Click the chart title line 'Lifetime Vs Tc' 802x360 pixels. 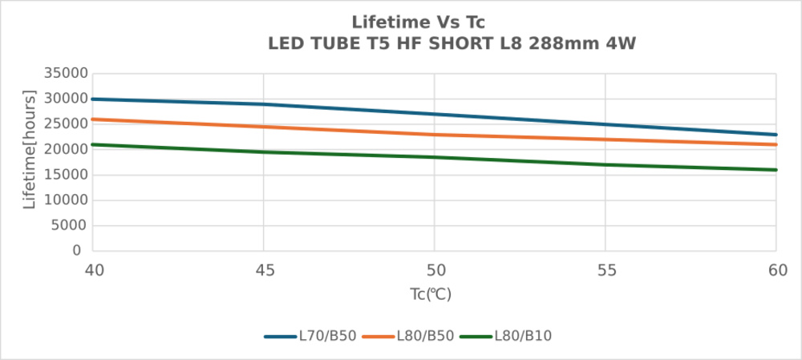[418, 22]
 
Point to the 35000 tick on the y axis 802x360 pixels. [65, 74]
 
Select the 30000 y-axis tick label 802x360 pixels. [65, 99]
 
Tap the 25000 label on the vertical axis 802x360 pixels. [65, 124]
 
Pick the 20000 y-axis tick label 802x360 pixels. [65, 149]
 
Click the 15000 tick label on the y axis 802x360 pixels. [65, 175]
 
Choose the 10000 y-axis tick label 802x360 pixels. [65, 200]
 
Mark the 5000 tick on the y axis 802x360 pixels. [68, 225]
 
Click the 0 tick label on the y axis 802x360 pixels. [77, 251]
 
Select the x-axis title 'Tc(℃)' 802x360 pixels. [431, 294]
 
